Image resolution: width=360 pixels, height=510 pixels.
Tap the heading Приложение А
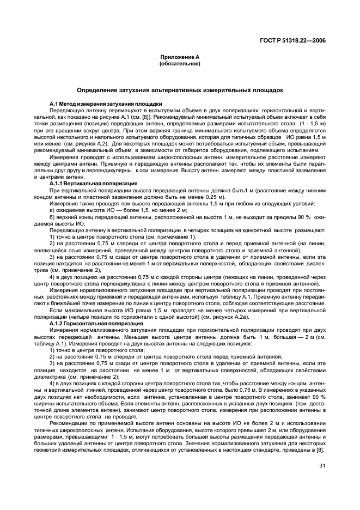pyautogui.click(x=179, y=57)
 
